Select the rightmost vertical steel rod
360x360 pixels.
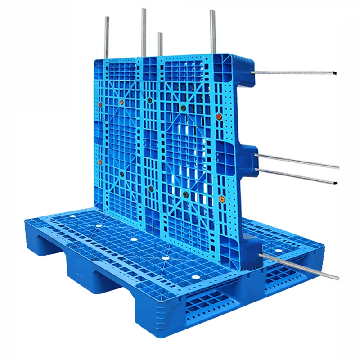(x=213, y=31)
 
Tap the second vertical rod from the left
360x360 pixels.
(x=144, y=31)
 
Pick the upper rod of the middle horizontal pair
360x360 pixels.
(x=297, y=161)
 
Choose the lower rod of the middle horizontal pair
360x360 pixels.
(x=297, y=176)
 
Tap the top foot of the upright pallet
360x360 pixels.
(x=245, y=70)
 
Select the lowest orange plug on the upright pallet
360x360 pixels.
(x=221, y=198)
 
